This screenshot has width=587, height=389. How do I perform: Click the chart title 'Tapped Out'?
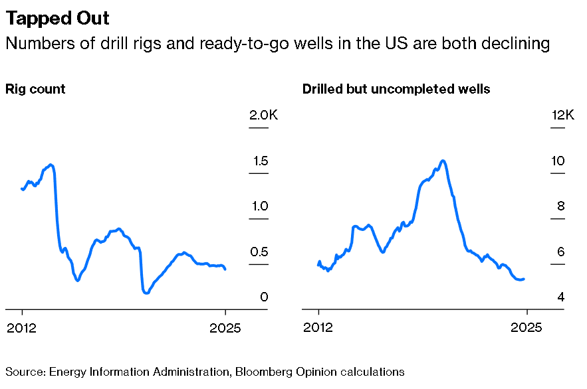[x=57, y=19]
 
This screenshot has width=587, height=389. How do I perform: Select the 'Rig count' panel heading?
[x=35, y=90]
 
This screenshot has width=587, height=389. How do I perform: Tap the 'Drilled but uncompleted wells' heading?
[x=396, y=89]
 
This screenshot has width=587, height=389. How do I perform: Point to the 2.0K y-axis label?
[x=263, y=115]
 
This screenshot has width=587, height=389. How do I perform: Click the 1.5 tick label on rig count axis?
[x=261, y=161]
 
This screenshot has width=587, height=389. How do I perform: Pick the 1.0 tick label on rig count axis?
[x=260, y=206]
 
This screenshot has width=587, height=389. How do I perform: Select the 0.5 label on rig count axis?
[x=259, y=252]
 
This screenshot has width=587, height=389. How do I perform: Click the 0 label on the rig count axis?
[x=265, y=297]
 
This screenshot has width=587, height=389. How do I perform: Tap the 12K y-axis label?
[x=562, y=115]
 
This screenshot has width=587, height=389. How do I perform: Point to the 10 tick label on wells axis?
[x=558, y=161]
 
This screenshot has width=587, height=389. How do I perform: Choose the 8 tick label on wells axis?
[x=561, y=206]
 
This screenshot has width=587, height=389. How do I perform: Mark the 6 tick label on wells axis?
[x=561, y=252]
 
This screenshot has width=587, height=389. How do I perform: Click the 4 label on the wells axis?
[x=561, y=297]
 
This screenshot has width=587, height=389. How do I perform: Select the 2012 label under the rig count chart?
[x=22, y=328]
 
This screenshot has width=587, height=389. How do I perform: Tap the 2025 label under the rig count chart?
[x=225, y=328]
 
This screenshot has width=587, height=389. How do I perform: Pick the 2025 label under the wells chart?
[x=527, y=328]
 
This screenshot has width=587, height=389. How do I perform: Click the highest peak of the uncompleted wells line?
[x=443, y=161]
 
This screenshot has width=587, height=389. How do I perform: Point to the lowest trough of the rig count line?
[x=146, y=293]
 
